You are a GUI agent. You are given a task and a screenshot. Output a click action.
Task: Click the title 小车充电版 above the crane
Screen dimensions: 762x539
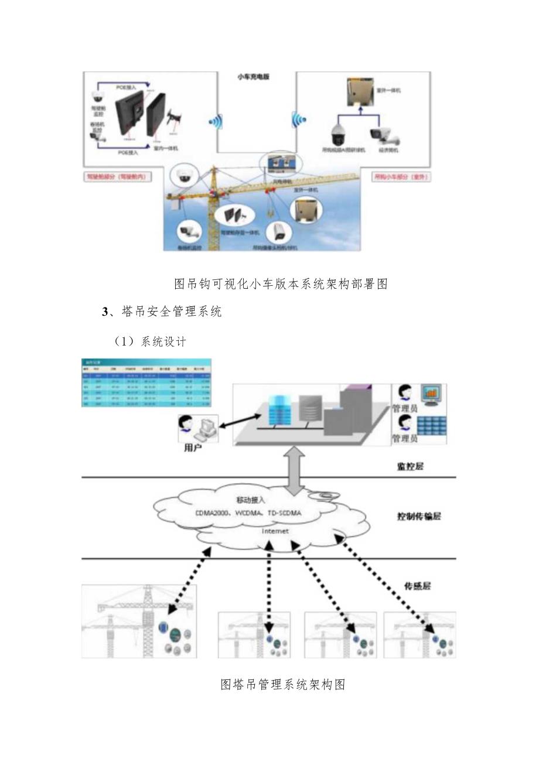point(253,77)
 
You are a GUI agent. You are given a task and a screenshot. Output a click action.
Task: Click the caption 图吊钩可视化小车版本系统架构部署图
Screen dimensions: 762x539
point(282,284)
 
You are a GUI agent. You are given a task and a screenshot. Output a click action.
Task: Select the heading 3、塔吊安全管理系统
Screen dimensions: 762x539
point(162,312)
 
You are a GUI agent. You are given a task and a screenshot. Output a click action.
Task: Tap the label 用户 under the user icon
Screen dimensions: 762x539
point(192,448)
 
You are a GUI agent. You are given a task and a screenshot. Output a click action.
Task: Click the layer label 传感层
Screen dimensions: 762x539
point(418,585)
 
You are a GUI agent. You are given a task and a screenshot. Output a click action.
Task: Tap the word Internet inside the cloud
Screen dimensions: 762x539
point(275,531)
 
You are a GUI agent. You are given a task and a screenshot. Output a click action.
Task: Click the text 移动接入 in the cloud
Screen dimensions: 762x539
point(250,500)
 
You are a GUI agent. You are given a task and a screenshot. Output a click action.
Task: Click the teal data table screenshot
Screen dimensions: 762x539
point(147,382)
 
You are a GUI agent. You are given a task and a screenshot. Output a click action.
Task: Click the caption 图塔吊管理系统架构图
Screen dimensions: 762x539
point(282,685)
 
